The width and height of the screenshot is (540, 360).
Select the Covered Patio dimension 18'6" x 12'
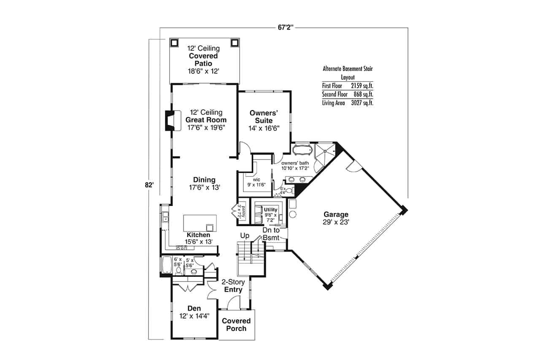pyautogui.click(x=203, y=71)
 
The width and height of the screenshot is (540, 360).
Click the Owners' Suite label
pyautogui.click(x=264, y=117)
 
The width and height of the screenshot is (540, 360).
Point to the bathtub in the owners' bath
pyautogui.click(x=302, y=150)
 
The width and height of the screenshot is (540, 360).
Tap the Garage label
pyautogui.click(x=336, y=214)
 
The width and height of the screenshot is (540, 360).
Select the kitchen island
pyautogui.click(x=200, y=222)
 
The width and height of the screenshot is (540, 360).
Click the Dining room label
pyautogui.click(x=204, y=180)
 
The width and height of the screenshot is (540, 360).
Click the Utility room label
pyautogui.click(x=270, y=210)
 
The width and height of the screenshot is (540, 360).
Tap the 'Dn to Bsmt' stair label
pyautogui.click(x=270, y=234)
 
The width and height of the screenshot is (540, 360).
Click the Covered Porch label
pyautogui.click(x=236, y=325)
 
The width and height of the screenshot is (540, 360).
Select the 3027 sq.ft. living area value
pyautogui.click(x=362, y=103)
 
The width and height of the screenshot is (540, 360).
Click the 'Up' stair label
pyautogui.click(x=244, y=235)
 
